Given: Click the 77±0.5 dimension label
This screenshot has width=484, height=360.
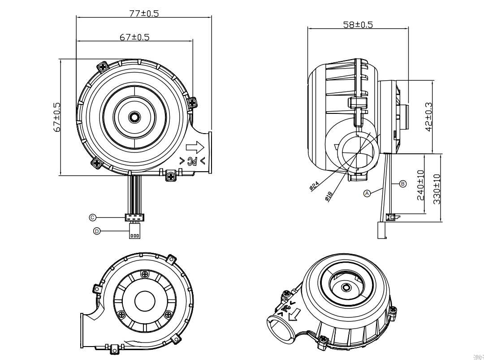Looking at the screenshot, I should [x=144, y=13].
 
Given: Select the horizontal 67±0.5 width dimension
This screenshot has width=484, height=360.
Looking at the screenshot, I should [x=134, y=37].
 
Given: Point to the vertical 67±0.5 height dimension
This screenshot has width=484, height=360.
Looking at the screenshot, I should [x=57, y=117].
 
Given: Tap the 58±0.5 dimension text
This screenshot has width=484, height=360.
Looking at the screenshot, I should [x=358, y=24].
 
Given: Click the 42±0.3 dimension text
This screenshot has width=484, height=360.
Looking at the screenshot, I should [x=429, y=117].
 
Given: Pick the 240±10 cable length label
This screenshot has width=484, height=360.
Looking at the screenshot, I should [x=421, y=185].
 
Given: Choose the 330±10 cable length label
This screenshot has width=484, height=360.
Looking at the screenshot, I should [x=437, y=189].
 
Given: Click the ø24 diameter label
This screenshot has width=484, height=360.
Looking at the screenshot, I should [x=314, y=186].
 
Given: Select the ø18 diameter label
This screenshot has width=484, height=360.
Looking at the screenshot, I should [x=328, y=196].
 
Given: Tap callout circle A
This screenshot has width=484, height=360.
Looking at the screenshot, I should [x=367, y=193].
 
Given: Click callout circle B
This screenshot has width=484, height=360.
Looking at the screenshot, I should [x=402, y=183].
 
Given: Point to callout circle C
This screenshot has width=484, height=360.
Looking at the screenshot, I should [x=93, y=217].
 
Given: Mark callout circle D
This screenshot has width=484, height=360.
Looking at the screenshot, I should [x=97, y=231].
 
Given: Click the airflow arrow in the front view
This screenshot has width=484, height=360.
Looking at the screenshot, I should [x=195, y=147].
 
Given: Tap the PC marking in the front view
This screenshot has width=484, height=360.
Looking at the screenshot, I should [x=192, y=160].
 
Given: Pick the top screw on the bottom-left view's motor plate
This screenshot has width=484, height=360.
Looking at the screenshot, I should [x=144, y=274].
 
